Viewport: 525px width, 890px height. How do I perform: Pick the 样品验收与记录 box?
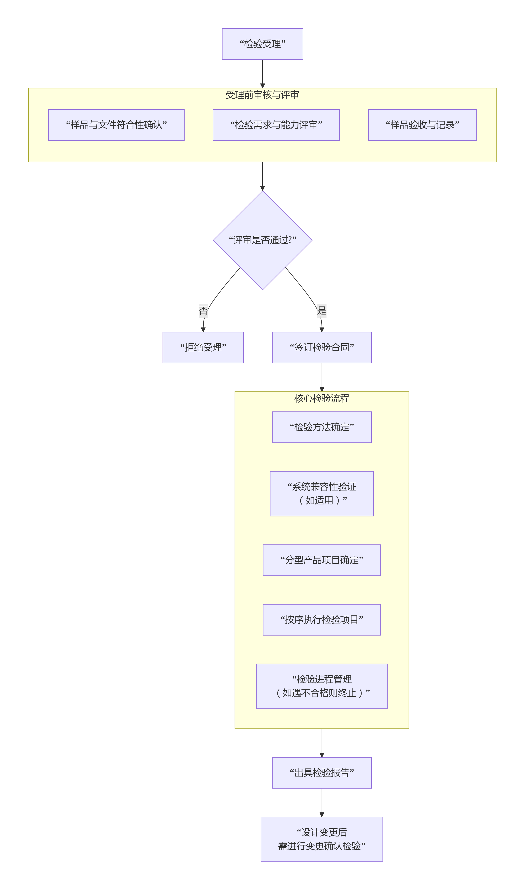(422, 125)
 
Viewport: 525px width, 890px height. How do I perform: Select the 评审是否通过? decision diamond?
(262, 240)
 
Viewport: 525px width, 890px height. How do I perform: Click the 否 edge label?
(203, 311)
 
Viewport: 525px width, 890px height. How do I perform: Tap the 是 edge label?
(322, 311)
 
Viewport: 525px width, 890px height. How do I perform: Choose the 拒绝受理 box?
(203, 347)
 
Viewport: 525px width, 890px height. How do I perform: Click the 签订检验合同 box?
(322, 347)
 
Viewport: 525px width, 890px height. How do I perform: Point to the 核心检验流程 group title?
(322, 398)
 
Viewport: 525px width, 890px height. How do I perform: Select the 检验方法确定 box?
(322, 427)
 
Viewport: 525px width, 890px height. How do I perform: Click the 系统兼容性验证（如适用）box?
(322, 493)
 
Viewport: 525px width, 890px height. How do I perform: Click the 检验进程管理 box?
(322, 686)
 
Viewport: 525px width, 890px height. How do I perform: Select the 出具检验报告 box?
(322, 773)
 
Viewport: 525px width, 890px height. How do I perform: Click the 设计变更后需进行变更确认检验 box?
(322, 839)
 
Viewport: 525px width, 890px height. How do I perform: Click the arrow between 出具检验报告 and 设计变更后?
(322, 802)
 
